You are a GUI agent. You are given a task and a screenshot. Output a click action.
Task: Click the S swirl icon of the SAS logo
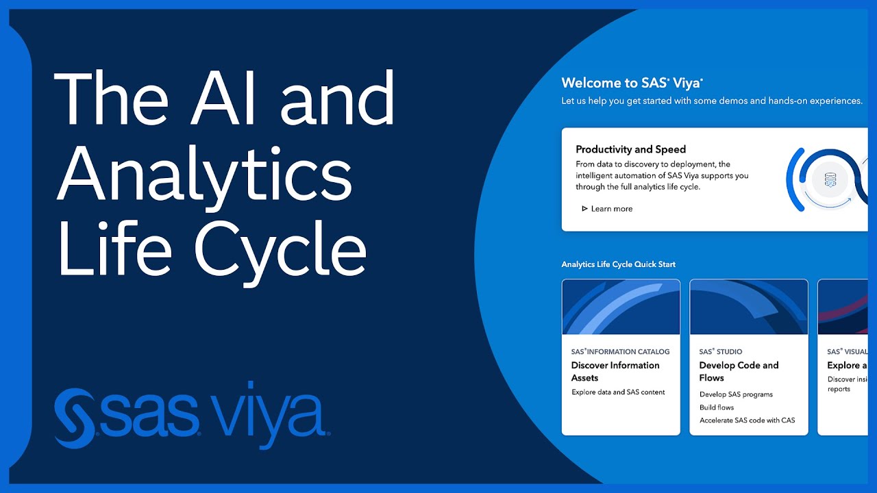tap(74, 418)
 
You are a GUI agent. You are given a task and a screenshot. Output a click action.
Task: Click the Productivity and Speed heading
tap(630, 149)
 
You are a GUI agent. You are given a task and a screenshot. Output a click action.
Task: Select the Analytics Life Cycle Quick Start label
tap(618, 264)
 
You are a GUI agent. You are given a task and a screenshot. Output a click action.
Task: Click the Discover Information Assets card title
tap(615, 371)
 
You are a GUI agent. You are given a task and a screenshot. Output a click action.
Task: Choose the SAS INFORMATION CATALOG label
tap(620, 351)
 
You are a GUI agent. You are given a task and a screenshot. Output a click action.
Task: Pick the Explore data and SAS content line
tap(618, 392)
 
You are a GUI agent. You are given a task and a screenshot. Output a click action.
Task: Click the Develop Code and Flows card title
tap(739, 371)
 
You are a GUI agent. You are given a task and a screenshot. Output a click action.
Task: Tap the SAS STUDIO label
tap(720, 351)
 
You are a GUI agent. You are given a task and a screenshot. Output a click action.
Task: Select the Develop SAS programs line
tap(736, 394)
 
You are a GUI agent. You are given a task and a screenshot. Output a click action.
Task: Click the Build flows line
tap(717, 407)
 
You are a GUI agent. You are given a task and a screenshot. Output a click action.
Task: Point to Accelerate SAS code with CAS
tap(747, 420)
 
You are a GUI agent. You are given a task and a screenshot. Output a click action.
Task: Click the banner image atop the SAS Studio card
tap(748, 307)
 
